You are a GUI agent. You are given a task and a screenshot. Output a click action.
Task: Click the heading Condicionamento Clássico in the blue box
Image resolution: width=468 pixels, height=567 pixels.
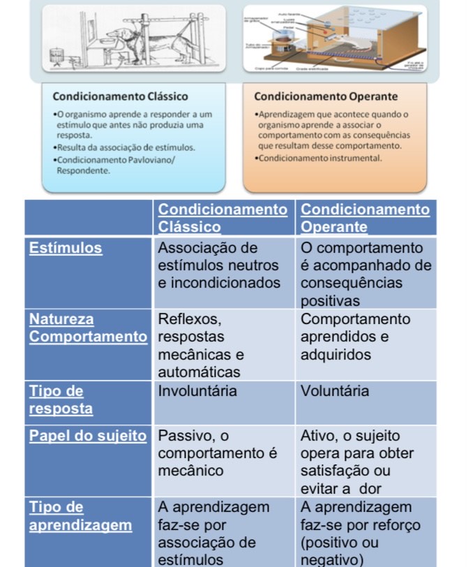click(120, 96)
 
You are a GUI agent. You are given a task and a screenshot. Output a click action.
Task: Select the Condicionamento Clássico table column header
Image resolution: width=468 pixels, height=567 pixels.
click(222, 218)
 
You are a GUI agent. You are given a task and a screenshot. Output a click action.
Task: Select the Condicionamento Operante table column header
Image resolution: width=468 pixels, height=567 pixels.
click(365, 218)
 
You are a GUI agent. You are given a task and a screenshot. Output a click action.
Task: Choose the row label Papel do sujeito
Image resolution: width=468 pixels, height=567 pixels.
click(88, 436)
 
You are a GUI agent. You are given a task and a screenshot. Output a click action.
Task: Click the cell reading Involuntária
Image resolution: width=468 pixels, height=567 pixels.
click(197, 391)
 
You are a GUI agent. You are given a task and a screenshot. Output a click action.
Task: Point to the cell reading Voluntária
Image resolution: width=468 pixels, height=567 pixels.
click(335, 391)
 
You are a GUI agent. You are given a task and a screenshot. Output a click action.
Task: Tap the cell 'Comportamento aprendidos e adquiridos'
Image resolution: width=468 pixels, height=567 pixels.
click(356, 337)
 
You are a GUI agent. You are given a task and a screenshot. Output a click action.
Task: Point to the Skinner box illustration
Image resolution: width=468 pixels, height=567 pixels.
click(333, 40)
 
